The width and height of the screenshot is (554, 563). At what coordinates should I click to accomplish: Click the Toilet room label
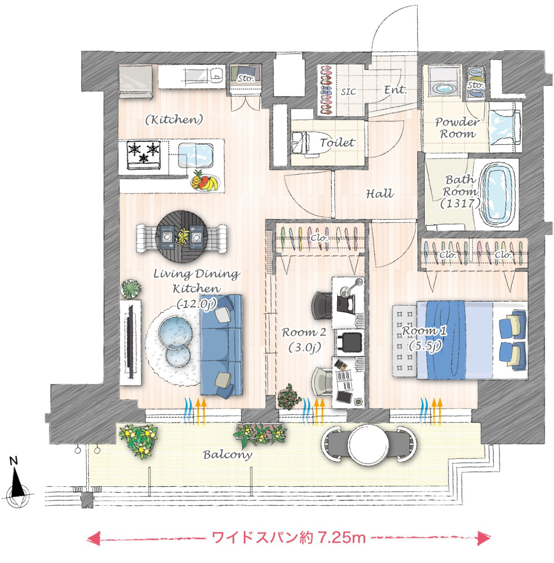(x=337, y=142)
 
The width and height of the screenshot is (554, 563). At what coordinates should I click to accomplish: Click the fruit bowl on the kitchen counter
(x=204, y=181)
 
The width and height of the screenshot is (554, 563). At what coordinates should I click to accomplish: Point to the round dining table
(x=182, y=237)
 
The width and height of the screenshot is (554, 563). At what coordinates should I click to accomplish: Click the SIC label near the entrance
(x=348, y=92)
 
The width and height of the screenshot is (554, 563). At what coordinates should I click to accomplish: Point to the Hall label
(x=380, y=194)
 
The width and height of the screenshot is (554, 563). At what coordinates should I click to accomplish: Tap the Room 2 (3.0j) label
(x=304, y=340)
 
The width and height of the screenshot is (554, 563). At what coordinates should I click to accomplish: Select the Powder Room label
(x=457, y=128)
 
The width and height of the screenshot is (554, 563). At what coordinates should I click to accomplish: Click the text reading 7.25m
(x=341, y=537)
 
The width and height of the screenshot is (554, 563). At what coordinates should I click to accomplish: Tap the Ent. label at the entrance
(x=395, y=90)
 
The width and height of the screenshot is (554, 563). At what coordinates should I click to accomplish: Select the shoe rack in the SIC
(x=326, y=91)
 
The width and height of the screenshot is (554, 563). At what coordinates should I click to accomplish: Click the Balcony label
(x=227, y=454)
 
